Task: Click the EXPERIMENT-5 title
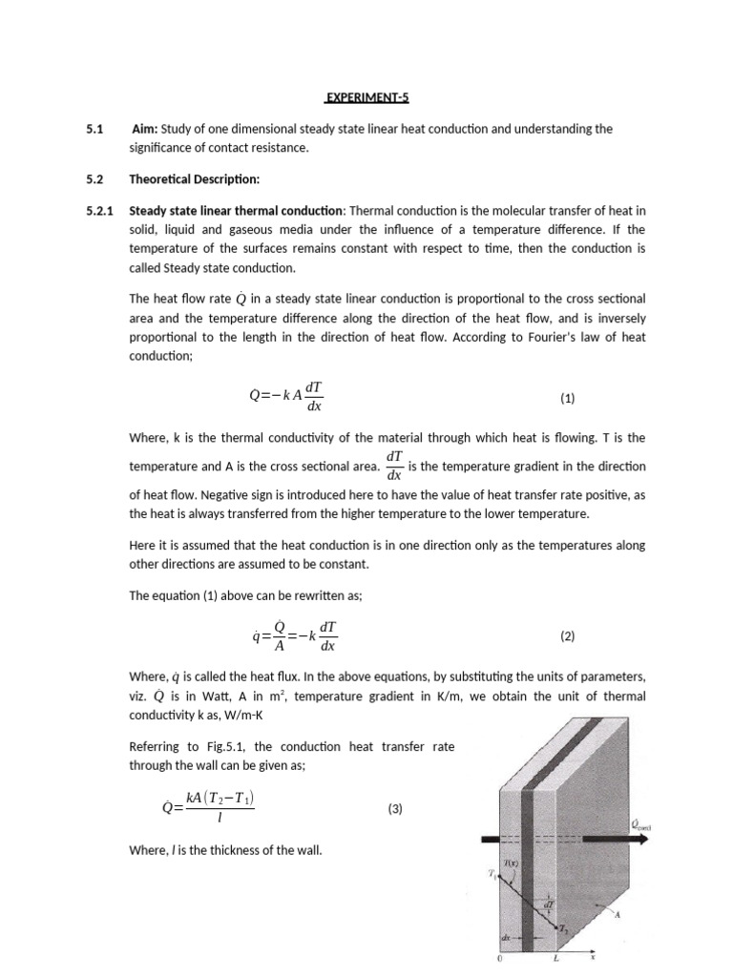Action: pos(366,96)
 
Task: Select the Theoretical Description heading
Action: pos(194,178)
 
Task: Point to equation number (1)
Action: pos(567,399)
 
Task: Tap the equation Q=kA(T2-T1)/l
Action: pos(208,809)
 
